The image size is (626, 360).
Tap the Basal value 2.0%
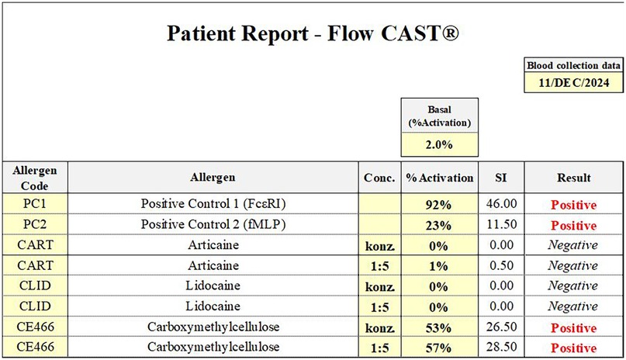point(440,144)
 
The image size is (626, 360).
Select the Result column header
point(574,178)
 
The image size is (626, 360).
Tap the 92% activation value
point(440,206)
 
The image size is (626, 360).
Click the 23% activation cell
point(440,226)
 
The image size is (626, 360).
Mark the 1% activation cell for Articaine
point(440,266)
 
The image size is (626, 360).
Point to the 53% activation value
point(440,326)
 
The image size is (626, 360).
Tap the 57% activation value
point(440,346)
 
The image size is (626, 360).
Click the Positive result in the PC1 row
point(574,206)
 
